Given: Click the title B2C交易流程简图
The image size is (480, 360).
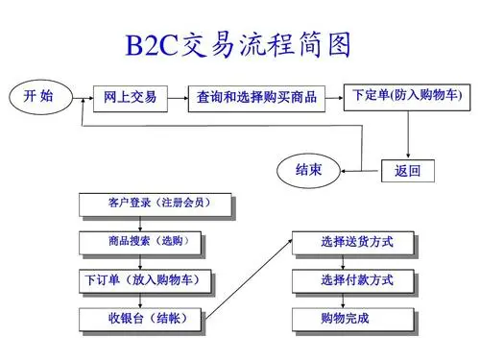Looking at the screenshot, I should pyautogui.click(x=239, y=44).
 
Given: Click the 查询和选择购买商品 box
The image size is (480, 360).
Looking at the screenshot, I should pyautogui.click(x=256, y=97).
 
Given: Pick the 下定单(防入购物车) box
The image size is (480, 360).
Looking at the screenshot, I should pyautogui.click(x=406, y=95).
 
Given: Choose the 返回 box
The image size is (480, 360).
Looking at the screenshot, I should pyautogui.click(x=407, y=172).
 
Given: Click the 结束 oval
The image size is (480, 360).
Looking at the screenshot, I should pyautogui.click(x=308, y=170).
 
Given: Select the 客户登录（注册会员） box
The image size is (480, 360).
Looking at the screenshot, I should pyautogui.click(x=156, y=204).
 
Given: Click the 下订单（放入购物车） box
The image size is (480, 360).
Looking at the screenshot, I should pyautogui.click(x=140, y=280).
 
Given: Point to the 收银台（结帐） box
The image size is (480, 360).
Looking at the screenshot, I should pyautogui.click(x=140, y=319).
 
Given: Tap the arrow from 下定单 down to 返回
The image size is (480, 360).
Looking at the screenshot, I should pyautogui.click(x=410, y=134).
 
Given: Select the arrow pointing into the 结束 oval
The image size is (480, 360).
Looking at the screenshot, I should pyautogui.click(x=350, y=164).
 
